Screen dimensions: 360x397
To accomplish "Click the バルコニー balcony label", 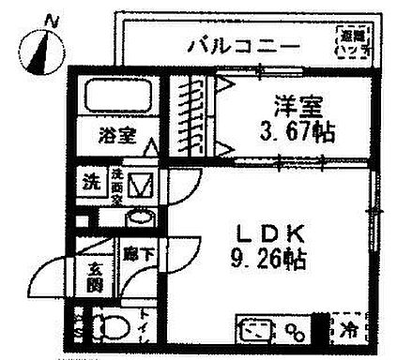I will (x=242, y=43).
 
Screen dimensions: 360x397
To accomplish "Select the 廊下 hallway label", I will (x=132, y=252).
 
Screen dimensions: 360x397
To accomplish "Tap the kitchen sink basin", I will (x=252, y=331).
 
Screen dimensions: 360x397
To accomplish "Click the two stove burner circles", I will (x=296, y=331).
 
